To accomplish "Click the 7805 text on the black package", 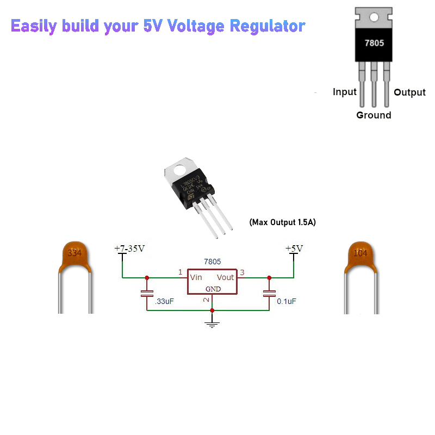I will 374,42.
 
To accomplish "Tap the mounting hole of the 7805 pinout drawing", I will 374,17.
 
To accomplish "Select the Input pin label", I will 344,92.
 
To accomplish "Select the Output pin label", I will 409,92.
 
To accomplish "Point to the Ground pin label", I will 374,115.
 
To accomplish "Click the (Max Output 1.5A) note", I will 282,222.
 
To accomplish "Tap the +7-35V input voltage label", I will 129,248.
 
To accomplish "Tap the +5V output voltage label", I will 294,248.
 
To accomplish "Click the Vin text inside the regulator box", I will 196,277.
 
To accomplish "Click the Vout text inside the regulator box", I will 225,277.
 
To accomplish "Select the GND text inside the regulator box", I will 213,289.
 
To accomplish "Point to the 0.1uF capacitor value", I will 287,301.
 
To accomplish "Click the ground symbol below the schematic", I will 212,324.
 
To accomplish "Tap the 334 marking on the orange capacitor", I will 74,253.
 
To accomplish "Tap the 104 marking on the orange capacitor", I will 360,253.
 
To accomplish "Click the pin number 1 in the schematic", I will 181,272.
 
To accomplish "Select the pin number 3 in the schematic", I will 243,272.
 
